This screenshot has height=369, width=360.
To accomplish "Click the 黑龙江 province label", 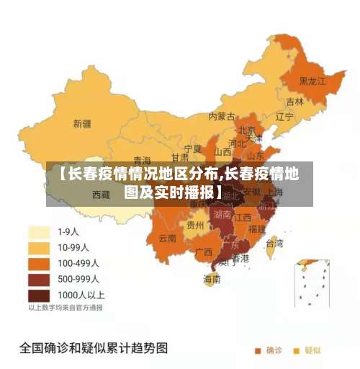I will tap(312, 81).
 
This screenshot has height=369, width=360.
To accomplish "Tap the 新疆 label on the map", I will tap(82, 123).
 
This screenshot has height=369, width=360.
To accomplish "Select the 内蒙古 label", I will tap(222, 115).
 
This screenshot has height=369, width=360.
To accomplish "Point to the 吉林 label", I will tap(294, 102).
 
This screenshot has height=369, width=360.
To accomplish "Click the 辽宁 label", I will tap(284, 116).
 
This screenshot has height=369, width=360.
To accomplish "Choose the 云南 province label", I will tap(168, 238).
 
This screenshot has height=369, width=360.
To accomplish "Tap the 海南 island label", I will tap(212, 278).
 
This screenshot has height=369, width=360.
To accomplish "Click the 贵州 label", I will tap(195, 225).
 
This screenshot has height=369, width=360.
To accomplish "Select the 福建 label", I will tap(257, 228).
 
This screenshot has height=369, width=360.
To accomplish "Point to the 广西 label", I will tap(204, 252).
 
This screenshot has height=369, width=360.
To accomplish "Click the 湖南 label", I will tap(222, 214).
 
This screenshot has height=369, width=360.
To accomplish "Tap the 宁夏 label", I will tap(193, 148).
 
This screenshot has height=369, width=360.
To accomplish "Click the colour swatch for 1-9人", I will tap(38, 232).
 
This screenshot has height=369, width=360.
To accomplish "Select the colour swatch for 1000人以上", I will tap(38, 295).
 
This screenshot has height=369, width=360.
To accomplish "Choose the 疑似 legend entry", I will tap(307, 350).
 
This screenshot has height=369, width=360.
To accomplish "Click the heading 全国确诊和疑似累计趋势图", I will tap(94, 348).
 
